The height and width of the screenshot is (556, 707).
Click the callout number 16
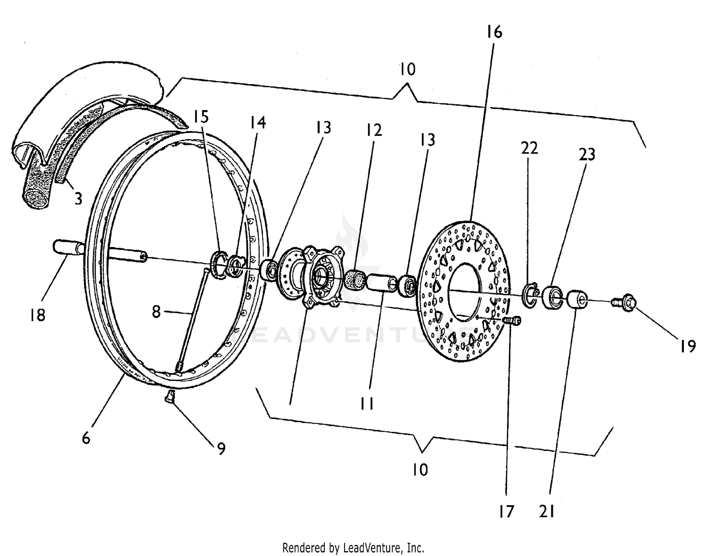pyautogui.click(x=494, y=32)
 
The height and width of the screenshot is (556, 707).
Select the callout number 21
pyautogui.click(x=547, y=511)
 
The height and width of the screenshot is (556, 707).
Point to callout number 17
pyautogui.click(x=506, y=511)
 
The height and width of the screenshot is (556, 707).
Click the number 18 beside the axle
pyautogui.click(x=37, y=315)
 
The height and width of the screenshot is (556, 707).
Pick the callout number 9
pyautogui.click(x=221, y=448)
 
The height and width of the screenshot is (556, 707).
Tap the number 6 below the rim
pyautogui.click(x=86, y=438)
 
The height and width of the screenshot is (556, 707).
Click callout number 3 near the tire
pyautogui.click(x=78, y=199)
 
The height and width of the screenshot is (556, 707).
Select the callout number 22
pyautogui.click(x=529, y=148)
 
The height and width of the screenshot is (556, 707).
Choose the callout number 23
pyautogui.click(x=587, y=154)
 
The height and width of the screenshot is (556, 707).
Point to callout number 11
pyautogui.click(x=367, y=403)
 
